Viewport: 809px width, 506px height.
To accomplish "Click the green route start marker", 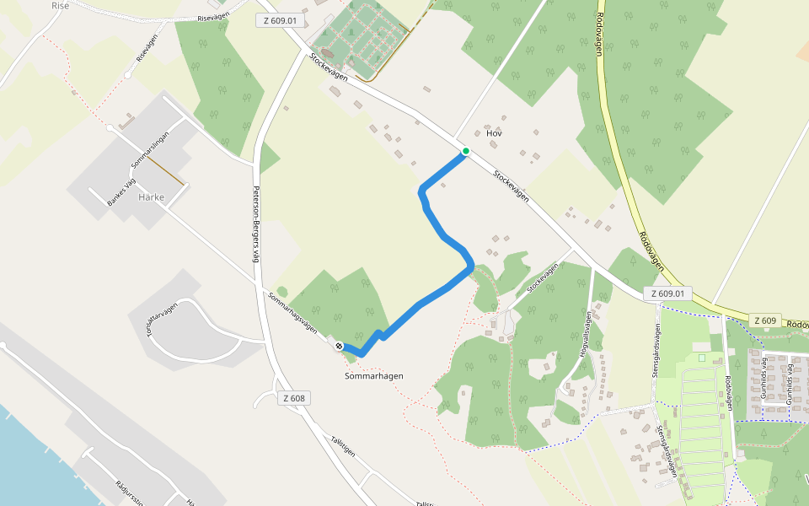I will [465, 151].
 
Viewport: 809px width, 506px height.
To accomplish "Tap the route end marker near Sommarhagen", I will [339, 346].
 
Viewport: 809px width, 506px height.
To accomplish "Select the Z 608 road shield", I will [294, 398].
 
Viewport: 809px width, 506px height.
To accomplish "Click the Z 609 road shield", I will [765, 320].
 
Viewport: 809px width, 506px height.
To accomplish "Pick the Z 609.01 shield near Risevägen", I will [279, 19].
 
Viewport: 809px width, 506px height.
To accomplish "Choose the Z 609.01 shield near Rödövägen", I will [668, 293].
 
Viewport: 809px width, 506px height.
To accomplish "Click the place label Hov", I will [494, 133].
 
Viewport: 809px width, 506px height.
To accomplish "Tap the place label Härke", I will [151, 198].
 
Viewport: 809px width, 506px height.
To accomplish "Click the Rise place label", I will [61, 5].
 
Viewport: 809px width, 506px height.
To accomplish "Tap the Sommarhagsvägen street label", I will [292, 312].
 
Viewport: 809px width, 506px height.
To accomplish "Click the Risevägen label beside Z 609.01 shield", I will [214, 18].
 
